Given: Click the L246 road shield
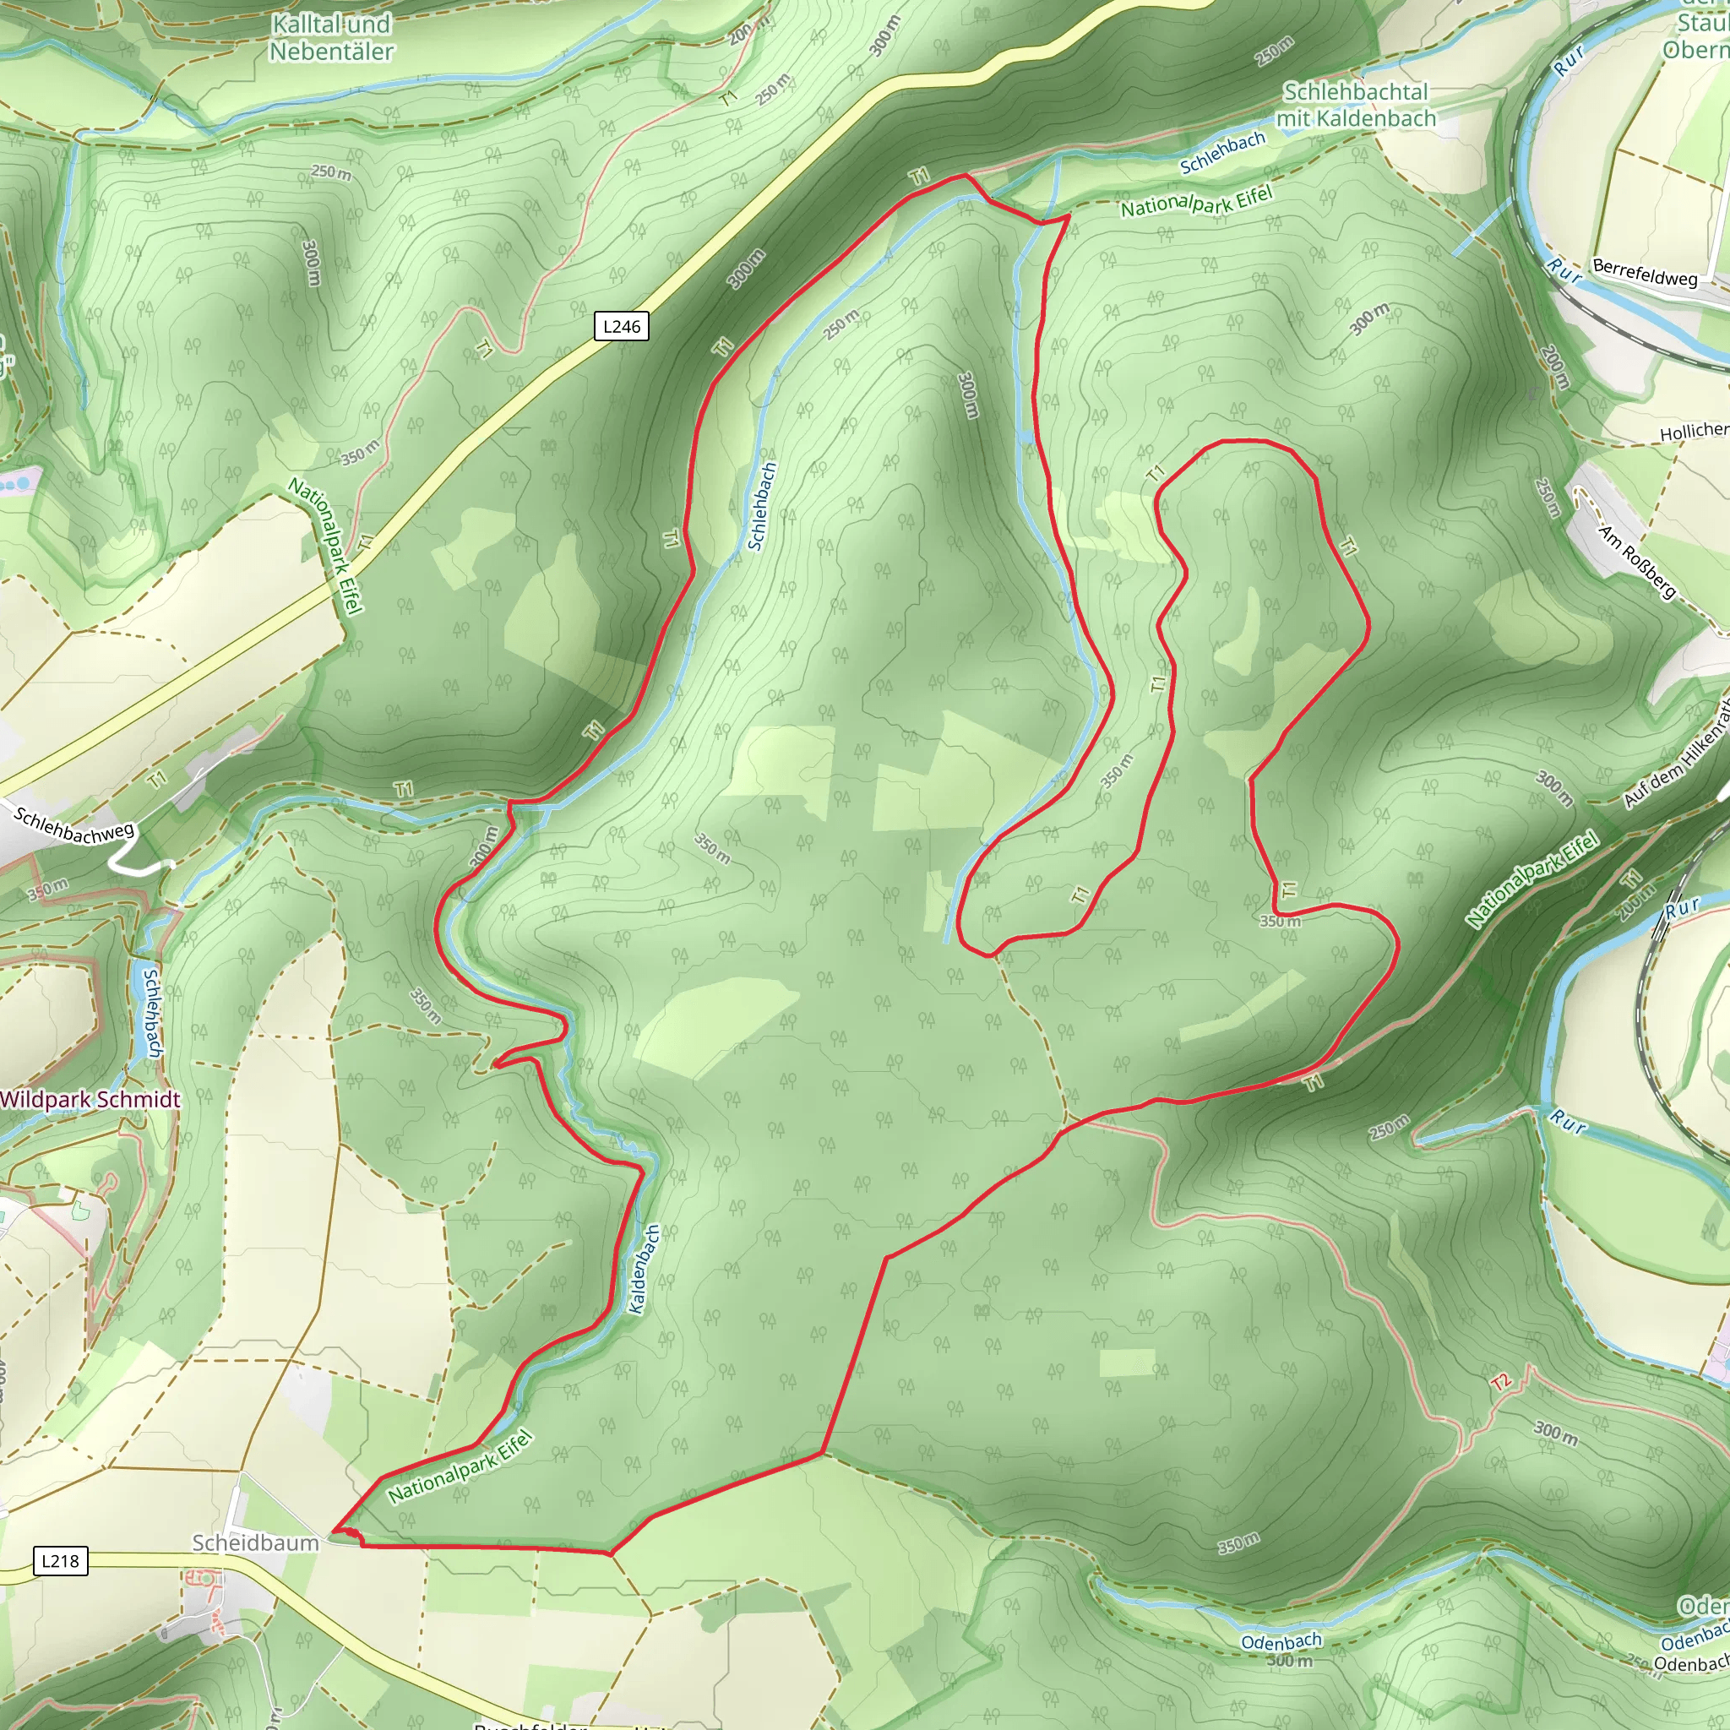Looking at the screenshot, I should click(622, 326).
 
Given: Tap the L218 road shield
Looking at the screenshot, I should click(60, 1561).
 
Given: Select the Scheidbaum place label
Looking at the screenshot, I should click(255, 1542).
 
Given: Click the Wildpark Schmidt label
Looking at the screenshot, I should click(90, 1100).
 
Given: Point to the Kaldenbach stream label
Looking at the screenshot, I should click(643, 1269).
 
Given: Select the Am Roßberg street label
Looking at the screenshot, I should click(1637, 562).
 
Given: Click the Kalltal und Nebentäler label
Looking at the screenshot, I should click(331, 38).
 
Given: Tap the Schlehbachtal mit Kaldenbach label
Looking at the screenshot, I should click(1356, 105).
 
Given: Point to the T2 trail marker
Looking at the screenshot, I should click(1502, 1383).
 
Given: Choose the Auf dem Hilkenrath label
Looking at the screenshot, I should click(1676, 754).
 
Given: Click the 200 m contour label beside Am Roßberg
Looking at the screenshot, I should click(1555, 367).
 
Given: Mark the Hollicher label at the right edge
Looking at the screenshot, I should click(1695, 432).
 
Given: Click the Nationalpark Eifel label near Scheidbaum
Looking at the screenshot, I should click(460, 1466).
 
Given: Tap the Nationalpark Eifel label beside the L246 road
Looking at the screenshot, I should click(326, 546).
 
